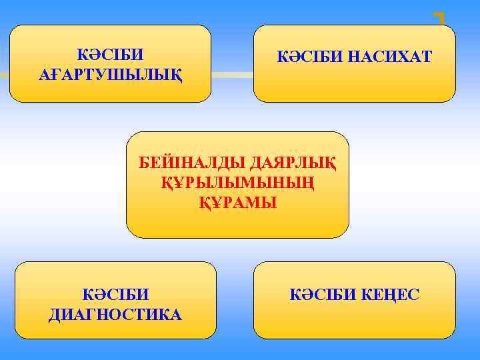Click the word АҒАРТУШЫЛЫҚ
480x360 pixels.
110,72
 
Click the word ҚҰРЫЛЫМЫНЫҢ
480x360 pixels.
237,182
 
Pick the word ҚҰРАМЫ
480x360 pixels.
237,201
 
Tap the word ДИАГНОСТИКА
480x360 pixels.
115,313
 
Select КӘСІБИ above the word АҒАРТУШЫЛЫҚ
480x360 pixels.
110,53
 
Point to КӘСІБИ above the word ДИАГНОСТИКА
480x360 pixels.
115,294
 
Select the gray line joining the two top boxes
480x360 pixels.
232,74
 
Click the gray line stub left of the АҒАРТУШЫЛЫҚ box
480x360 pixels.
5,74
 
